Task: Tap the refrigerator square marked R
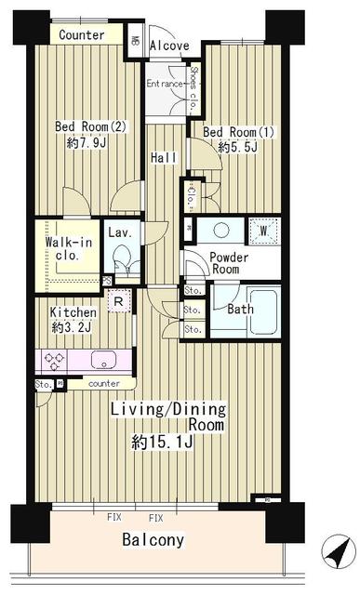pyautogui.click(x=118, y=301)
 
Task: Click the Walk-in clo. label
pyautogui.click(x=67, y=249)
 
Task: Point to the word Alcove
pyautogui.click(x=168, y=45)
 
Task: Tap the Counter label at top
pyautogui.click(x=81, y=34)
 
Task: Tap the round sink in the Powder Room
pyautogui.click(x=220, y=231)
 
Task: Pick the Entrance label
pyautogui.click(x=164, y=83)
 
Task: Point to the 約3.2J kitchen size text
pyautogui.click(x=73, y=328)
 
